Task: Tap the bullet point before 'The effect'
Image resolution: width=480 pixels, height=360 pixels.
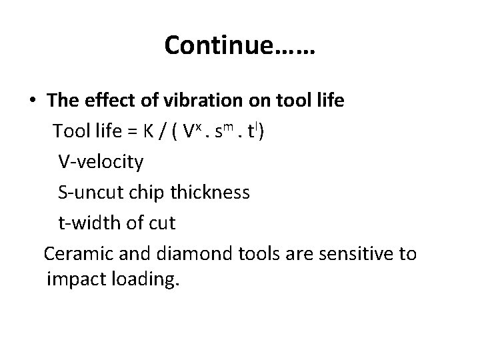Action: point(33,100)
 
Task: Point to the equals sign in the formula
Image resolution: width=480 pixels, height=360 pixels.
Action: point(129,131)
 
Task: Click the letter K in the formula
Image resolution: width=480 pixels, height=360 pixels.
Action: point(145,131)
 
